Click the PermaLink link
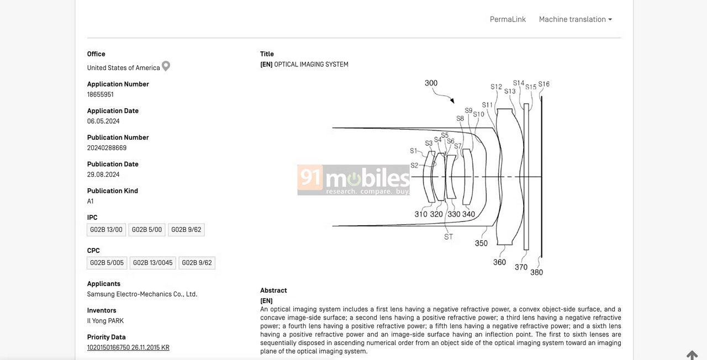(x=508, y=19)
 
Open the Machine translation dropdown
(x=576, y=19)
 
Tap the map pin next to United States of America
(x=166, y=66)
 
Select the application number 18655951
(x=101, y=94)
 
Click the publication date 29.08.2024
(x=103, y=175)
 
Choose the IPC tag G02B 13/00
(x=106, y=230)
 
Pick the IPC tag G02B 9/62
(x=186, y=230)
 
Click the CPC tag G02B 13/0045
(x=153, y=263)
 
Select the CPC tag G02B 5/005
(x=107, y=263)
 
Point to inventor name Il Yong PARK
(x=105, y=321)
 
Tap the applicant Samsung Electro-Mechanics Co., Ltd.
(x=142, y=294)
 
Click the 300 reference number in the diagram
(x=431, y=83)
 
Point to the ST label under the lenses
(x=449, y=237)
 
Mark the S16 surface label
(x=544, y=84)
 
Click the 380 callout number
(x=536, y=272)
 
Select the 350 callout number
(x=481, y=243)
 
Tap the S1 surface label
(x=414, y=151)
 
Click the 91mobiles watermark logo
(x=353, y=180)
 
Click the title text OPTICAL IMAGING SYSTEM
(x=311, y=65)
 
